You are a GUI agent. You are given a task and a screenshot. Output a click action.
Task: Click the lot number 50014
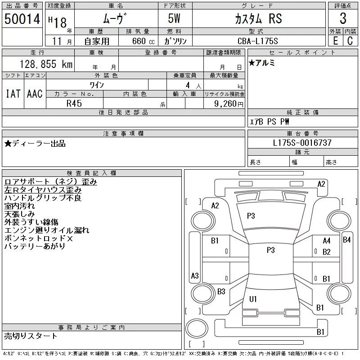pos(22,19)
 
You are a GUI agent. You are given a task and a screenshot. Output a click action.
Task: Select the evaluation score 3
pos(343,18)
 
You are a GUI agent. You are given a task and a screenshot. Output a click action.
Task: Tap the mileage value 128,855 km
pos(45,64)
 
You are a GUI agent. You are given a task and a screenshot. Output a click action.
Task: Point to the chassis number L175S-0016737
pos(302,143)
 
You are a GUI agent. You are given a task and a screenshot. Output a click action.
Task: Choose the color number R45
pos(74,103)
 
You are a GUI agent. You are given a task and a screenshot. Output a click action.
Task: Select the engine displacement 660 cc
pos(137,41)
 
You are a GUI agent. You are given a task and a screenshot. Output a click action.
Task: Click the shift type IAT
pos(13,94)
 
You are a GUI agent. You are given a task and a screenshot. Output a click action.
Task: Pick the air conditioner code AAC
pos(35,94)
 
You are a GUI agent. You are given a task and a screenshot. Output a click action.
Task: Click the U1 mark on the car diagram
pos(253,299)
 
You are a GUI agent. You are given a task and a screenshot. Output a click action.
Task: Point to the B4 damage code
pos(346,240)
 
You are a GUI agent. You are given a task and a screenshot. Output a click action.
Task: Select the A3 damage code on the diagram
pos(195,275)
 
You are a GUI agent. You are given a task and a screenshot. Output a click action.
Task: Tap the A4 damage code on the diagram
pos(326,241)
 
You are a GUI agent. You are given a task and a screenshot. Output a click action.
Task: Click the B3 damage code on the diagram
pos(221,292)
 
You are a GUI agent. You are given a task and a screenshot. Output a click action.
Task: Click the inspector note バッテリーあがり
pos(35,247)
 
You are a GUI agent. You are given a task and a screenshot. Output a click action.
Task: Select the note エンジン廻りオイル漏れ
pos(47,230)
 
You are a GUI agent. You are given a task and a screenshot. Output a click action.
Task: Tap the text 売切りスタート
pos(31,336)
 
